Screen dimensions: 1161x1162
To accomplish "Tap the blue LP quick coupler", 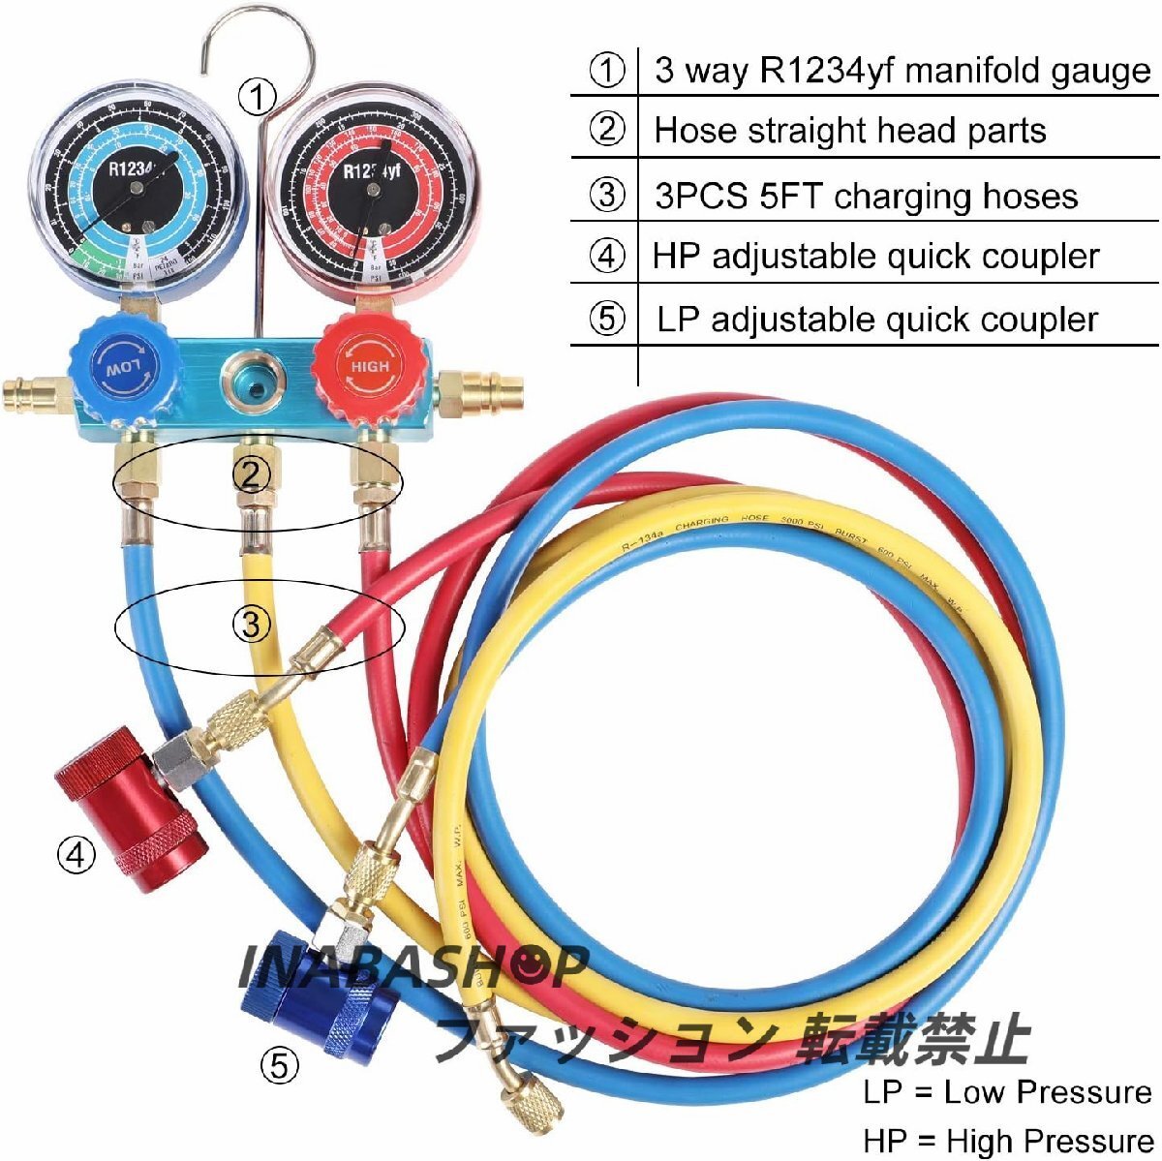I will [x=305, y=997].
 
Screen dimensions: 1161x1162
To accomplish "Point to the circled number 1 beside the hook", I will [x=258, y=97].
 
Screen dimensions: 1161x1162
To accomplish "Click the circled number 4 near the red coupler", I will [x=76, y=854].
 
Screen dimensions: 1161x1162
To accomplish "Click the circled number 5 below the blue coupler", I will [x=279, y=1066].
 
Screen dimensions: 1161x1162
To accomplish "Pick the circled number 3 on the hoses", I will [x=251, y=624].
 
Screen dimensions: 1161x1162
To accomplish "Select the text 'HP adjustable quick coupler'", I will [x=875, y=257].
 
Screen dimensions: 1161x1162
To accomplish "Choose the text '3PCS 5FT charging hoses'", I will [x=866, y=196].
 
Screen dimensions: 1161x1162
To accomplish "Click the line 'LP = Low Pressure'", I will [x=1007, y=1092].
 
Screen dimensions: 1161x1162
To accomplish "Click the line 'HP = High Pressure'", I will [x=1007, y=1140].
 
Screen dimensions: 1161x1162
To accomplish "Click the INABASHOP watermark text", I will [x=413, y=965].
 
